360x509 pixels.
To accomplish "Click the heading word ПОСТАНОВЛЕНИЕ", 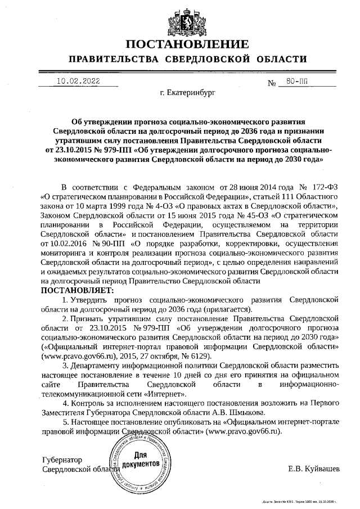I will point(187,44).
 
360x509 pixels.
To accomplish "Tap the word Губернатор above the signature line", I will point(62,460).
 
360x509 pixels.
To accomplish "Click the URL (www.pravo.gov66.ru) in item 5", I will point(243,430).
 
